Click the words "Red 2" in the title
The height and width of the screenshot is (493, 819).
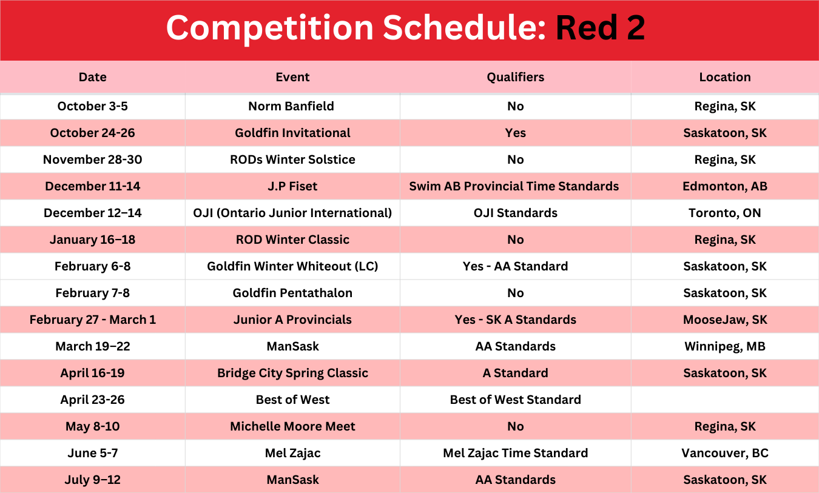[x=601, y=28]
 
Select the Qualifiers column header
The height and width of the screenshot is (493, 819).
[x=515, y=77]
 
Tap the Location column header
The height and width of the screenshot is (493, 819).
[x=725, y=77]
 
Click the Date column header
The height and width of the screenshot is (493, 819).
[x=92, y=77]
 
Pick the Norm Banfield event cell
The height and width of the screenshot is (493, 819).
[x=291, y=106]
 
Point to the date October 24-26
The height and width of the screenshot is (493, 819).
[x=92, y=133]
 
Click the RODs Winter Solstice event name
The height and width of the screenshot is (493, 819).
[x=292, y=159]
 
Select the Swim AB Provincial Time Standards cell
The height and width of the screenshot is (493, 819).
[x=514, y=186]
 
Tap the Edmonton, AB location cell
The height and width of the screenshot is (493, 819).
[x=725, y=186]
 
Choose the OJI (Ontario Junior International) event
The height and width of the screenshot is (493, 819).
[x=292, y=213]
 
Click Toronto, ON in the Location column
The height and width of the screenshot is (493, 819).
[x=725, y=213]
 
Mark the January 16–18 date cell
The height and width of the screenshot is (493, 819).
[x=92, y=240]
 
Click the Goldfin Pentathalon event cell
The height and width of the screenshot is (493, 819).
[x=292, y=293]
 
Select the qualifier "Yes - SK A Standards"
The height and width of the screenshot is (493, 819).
[x=515, y=320]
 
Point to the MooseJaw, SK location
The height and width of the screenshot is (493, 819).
[x=725, y=320]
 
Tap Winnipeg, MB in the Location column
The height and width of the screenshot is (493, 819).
[x=725, y=346]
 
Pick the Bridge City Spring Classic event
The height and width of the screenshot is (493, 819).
[x=292, y=373]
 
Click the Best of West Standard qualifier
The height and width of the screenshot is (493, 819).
[x=515, y=400]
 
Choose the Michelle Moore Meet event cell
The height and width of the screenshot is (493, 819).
[x=292, y=426]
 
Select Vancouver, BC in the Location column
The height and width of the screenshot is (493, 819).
[x=725, y=453]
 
